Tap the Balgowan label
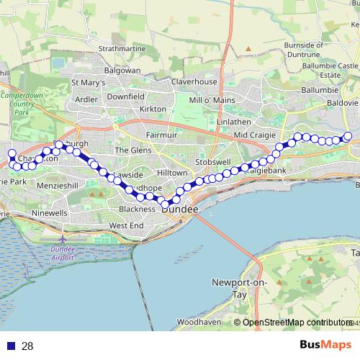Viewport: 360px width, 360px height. click(x=122, y=71)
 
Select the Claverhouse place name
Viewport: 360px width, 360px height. click(x=194, y=82)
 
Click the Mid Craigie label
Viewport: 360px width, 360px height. click(x=251, y=135)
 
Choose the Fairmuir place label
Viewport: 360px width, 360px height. click(x=161, y=135)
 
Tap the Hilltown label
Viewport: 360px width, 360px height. click(x=173, y=174)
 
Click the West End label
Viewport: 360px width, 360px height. click(x=127, y=225)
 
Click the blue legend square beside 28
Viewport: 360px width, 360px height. click(x=11, y=346)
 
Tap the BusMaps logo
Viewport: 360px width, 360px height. click(x=325, y=345)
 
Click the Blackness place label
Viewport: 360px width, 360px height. click(x=138, y=209)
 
